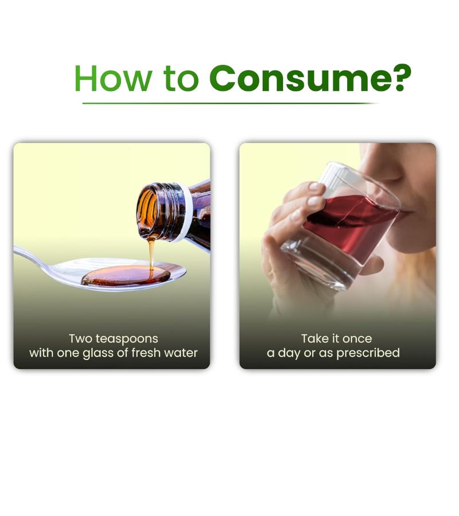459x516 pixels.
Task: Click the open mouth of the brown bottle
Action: pos(148,210)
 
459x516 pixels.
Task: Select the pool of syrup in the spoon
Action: pos(126,275)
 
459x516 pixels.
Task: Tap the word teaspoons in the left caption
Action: pos(127,339)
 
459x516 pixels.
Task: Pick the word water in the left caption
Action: pos(181,353)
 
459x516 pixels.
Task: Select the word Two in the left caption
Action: pos(81,338)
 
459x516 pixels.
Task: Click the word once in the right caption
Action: pos(357,339)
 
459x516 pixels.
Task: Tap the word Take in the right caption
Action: pos(313,338)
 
